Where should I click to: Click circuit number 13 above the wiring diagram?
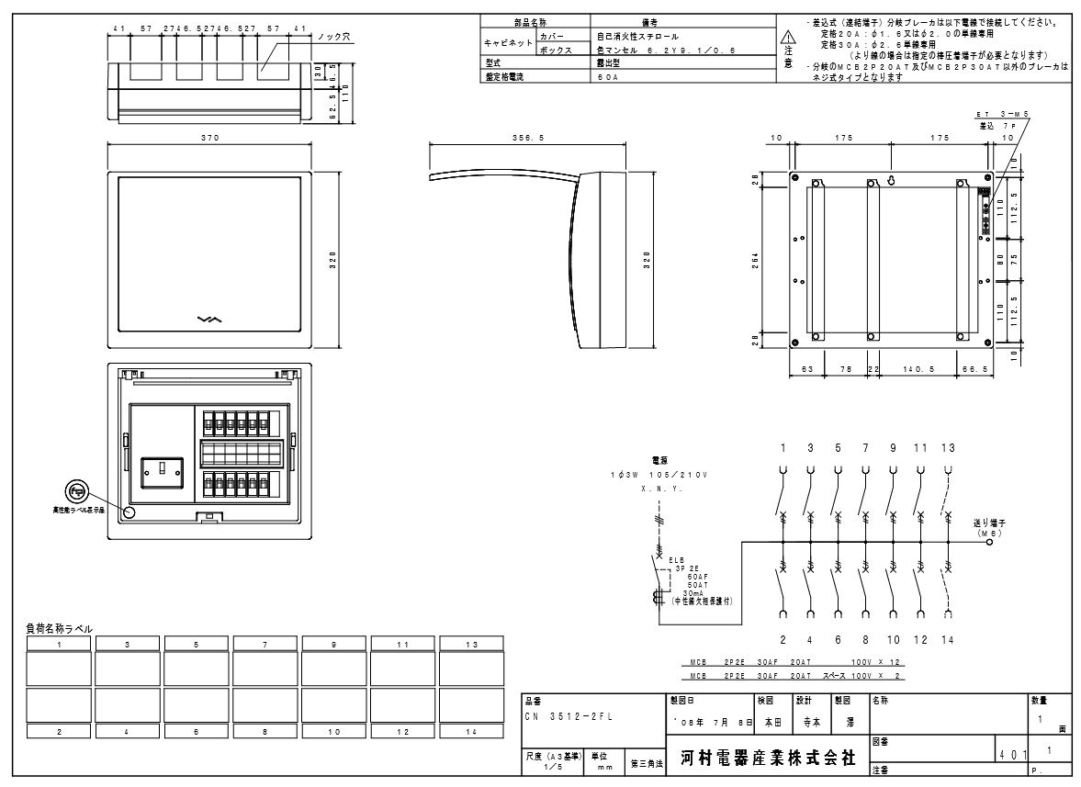pyautogui.click(x=947, y=448)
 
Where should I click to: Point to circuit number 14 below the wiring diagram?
pyautogui.click(x=947, y=639)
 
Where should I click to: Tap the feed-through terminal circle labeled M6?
pyautogui.click(x=989, y=543)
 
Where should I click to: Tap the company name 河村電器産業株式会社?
pyautogui.click(x=768, y=759)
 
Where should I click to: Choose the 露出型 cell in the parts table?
pyautogui.click(x=609, y=64)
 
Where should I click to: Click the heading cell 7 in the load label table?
pyautogui.click(x=265, y=645)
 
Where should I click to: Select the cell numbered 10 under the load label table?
pyautogui.click(x=334, y=731)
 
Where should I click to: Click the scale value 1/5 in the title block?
pyautogui.click(x=551, y=765)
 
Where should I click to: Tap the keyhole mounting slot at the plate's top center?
pyautogui.click(x=889, y=180)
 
